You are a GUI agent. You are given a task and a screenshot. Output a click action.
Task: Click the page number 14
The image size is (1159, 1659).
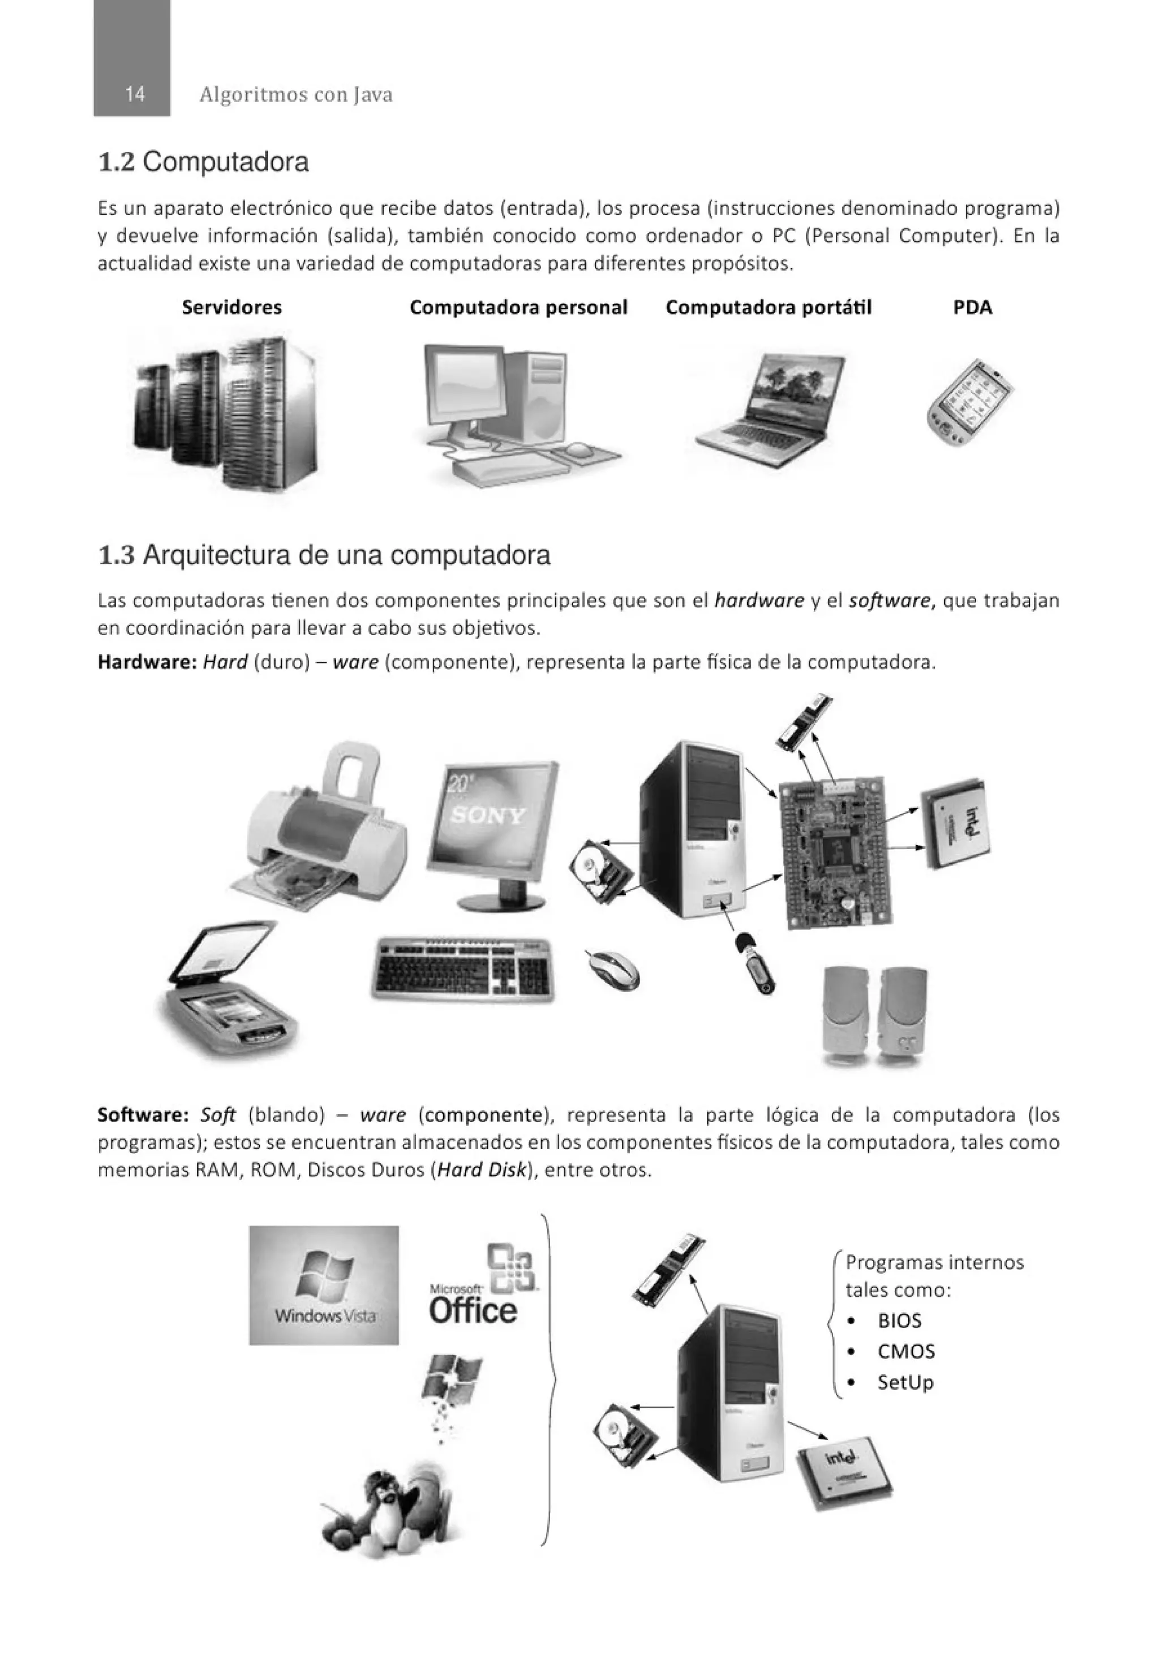134,94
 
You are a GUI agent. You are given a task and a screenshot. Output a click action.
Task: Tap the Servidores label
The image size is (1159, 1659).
231,307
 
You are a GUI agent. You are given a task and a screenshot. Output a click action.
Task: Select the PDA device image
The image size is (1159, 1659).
969,402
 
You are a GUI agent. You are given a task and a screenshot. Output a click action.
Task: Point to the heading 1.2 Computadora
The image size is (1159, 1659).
203,162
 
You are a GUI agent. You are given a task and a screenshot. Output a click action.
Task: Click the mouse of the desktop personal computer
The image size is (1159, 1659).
579,450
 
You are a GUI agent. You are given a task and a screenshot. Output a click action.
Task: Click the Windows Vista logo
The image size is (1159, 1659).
324,1284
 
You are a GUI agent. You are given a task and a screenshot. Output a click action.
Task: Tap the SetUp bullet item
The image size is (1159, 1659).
905,1382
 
